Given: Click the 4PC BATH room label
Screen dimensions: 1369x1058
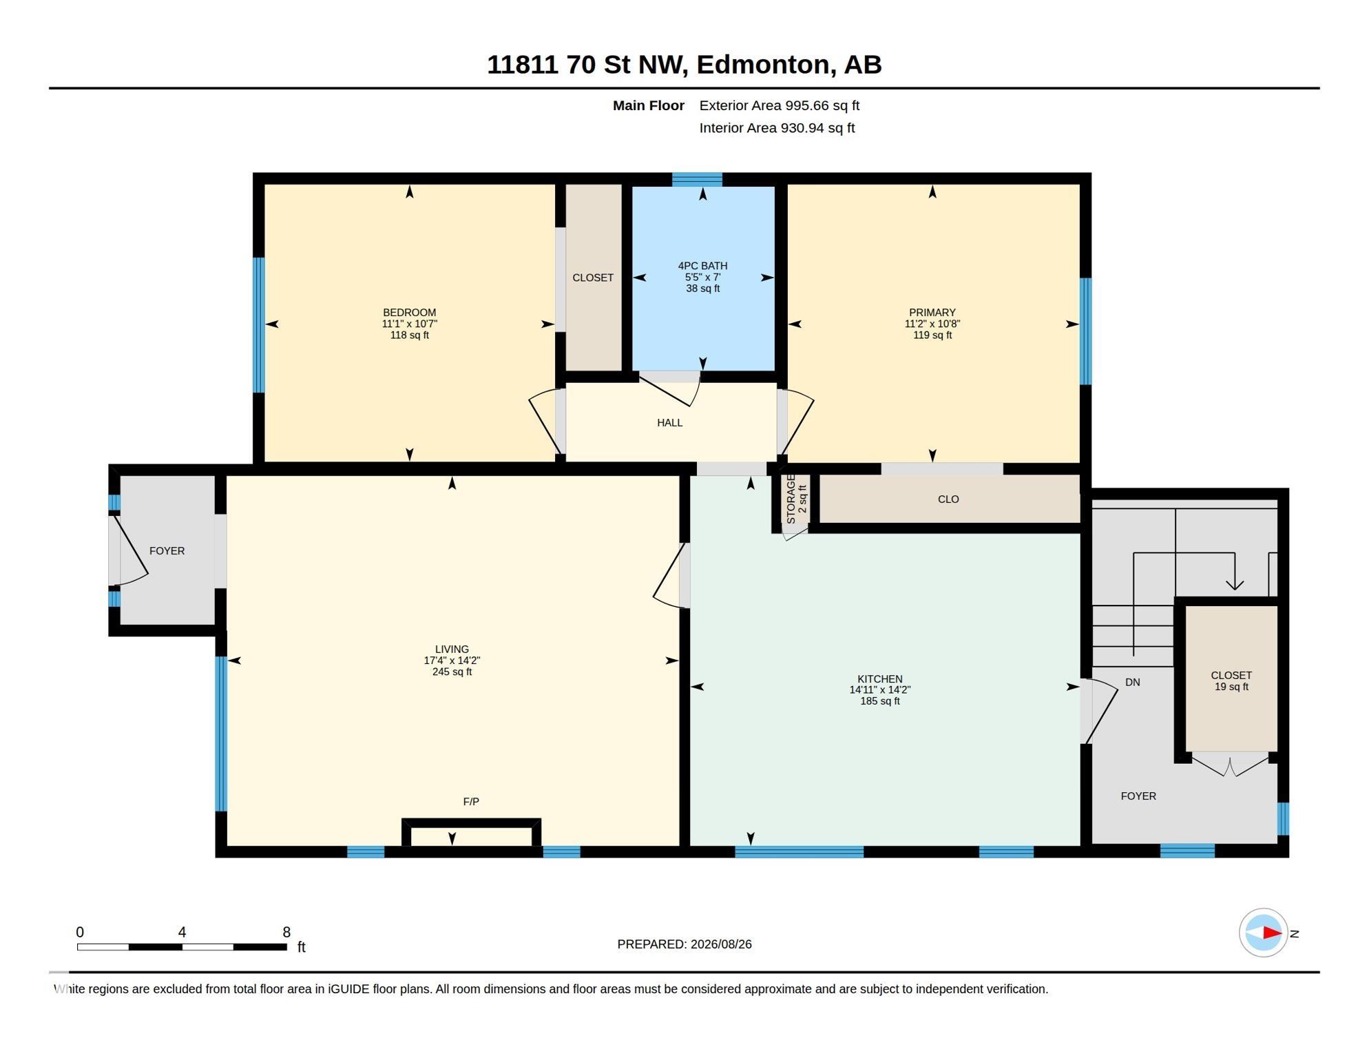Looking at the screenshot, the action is pos(702,266).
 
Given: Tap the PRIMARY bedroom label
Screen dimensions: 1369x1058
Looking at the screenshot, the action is pos(932,312).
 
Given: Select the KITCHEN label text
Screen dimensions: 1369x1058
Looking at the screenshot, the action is pos(879,678).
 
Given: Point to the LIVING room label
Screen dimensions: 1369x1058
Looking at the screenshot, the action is pos(452,649).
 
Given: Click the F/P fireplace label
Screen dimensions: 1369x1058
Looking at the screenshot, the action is pos(471,801).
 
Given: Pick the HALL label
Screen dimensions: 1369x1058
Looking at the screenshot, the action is pos(669,422).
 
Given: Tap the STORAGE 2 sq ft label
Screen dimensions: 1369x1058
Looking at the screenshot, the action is pos(796,499).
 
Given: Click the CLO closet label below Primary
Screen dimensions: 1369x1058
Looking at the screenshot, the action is pos(948,499).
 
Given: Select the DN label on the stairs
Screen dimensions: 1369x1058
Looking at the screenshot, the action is pos(1132,682).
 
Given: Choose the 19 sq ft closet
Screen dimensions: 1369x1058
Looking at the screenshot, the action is pos(1231,681).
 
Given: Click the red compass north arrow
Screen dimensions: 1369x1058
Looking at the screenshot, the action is pos(1272,933).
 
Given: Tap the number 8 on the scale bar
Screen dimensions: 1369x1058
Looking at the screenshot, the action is pos(286,932).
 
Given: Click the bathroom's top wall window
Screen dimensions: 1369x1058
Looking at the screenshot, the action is pos(697,179).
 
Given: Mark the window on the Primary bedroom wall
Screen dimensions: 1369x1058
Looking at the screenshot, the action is pos(1085,331).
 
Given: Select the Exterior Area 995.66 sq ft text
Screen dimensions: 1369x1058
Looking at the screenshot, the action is pos(779,105).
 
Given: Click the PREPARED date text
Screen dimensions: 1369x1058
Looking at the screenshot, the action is pos(684,944).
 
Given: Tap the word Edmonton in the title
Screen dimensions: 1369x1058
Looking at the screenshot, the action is pos(765,65).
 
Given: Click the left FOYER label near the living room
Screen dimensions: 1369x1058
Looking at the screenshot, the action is pos(167,550).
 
